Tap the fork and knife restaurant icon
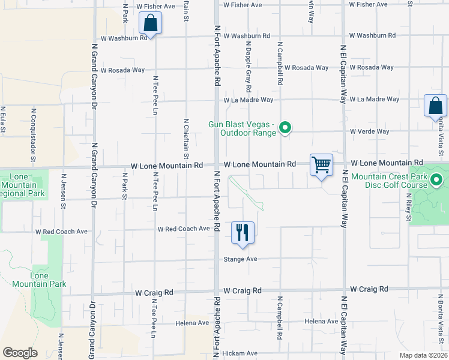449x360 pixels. click(x=243, y=232)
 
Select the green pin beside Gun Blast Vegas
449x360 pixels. click(x=286, y=127)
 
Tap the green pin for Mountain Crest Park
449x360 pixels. click(x=437, y=179)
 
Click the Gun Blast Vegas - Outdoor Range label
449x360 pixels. click(x=242, y=128)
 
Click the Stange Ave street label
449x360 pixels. click(x=240, y=259)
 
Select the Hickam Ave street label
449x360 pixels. click(x=240, y=353)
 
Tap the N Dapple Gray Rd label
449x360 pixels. click(x=247, y=64)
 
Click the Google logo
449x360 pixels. click(x=20, y=353)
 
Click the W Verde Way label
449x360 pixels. click(x=374, y=131)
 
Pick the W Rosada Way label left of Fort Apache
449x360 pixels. click(x=122, y=70)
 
